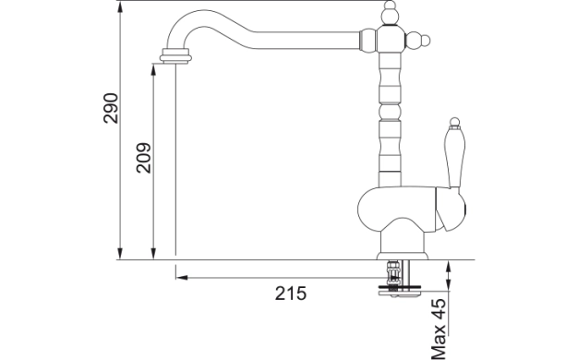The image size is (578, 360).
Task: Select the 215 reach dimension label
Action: point(291,294)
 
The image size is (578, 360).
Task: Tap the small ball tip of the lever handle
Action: point(454,122)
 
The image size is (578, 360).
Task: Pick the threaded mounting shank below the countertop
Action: point(392,273)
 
